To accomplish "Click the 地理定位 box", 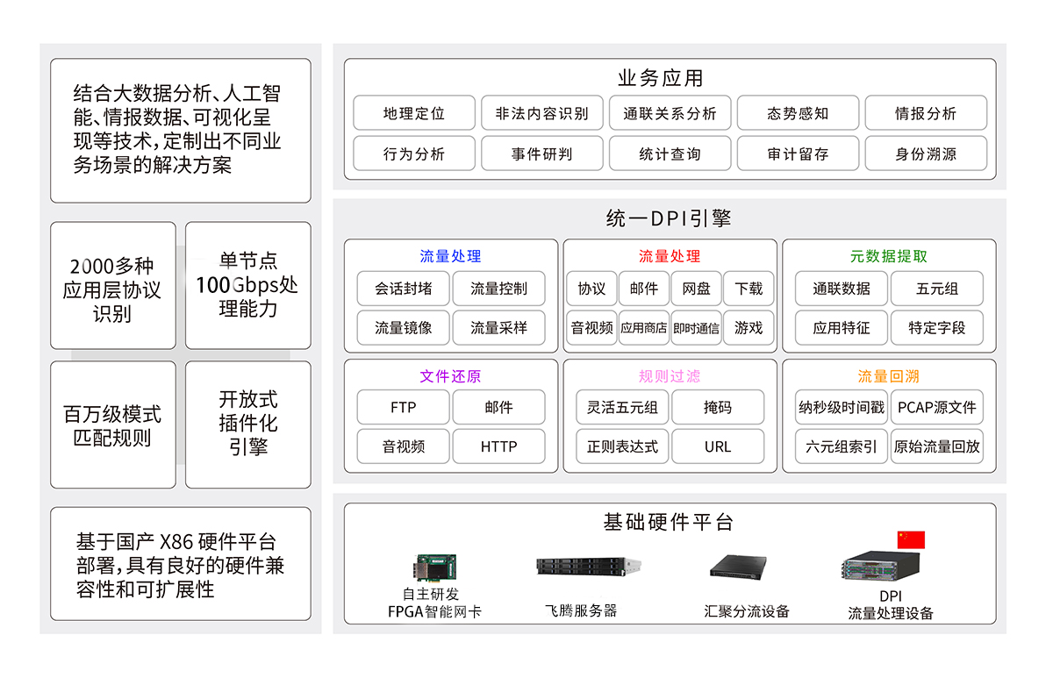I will [x=413, y=113].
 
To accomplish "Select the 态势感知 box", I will [x=798, y=113].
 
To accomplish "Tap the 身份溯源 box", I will [x=926, y=153].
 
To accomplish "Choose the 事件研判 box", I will [x=541, y=153].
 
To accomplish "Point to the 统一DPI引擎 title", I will [x=669, y=218].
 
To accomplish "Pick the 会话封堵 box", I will [x=403, y=289].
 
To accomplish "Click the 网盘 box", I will [x=696, y=289].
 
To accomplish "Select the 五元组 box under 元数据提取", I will [x=937, y=289].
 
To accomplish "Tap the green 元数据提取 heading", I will [x=888, y=256].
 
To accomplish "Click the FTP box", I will [x=403, y=407].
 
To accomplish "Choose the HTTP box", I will [x=498, y=446].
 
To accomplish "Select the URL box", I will [x=717, y=446].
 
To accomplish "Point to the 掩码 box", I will [x=717, y=407].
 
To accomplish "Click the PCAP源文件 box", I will [x=937, y=407].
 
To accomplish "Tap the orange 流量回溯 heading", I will [x=888, y=376].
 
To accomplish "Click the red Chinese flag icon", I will [x=911, y=539].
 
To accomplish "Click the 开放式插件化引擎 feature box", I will [x=248, y=424].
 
